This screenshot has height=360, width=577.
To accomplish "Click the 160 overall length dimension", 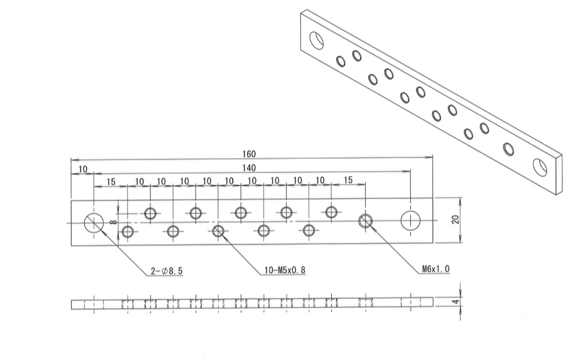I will [249, 154].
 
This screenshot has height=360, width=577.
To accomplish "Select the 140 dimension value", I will [249, 168].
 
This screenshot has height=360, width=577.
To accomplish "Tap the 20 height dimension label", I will [456, 219].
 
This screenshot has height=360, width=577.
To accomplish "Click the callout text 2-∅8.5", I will [167, 271].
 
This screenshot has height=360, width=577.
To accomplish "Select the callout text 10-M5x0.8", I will [285, 271].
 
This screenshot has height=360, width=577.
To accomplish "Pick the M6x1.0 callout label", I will [436, 269].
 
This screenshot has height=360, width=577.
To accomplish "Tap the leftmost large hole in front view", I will [93, 223].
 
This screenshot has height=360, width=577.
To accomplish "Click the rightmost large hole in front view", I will [410, 221].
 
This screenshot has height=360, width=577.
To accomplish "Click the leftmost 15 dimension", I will [110, 181].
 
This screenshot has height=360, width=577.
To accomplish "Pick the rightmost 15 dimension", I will [348, 180].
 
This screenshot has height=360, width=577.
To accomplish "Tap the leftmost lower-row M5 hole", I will [128, 231].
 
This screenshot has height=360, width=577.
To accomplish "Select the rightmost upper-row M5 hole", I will [331, 212].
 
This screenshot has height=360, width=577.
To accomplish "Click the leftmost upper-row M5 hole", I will [150, 213].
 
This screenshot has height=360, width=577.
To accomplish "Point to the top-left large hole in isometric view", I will [317, 41].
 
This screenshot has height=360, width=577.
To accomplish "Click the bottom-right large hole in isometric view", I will [540, 167].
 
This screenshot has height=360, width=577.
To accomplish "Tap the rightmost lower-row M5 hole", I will [309, 230].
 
